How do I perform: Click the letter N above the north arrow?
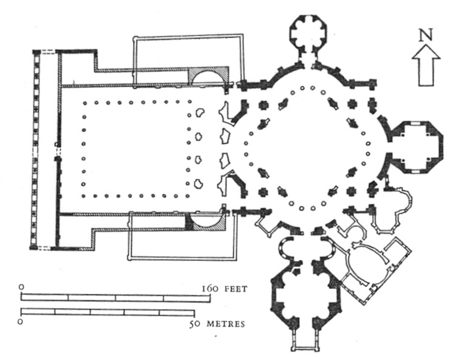[426, 35]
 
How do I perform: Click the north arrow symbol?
[426, 65]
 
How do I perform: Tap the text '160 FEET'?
[225, 289]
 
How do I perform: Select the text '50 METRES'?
[217, 324]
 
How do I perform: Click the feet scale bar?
[115, 297]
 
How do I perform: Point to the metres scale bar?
[108, 312]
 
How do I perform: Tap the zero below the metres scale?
[20, 322]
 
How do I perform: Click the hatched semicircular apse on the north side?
[208, 75]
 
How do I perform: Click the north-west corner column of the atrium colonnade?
[84, 103]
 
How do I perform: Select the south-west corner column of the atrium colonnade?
[84, 196]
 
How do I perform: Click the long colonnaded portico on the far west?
[35, 149]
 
